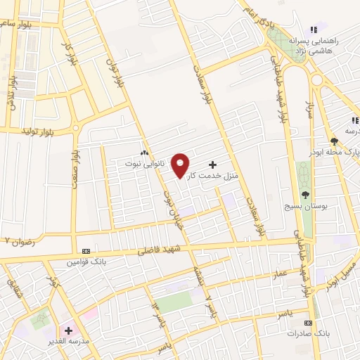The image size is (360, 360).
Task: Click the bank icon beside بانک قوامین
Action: click(x=86, y=252)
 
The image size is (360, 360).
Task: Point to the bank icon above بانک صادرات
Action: click(x=309, y=321)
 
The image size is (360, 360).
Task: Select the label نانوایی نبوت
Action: click(x=143, y=163)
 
